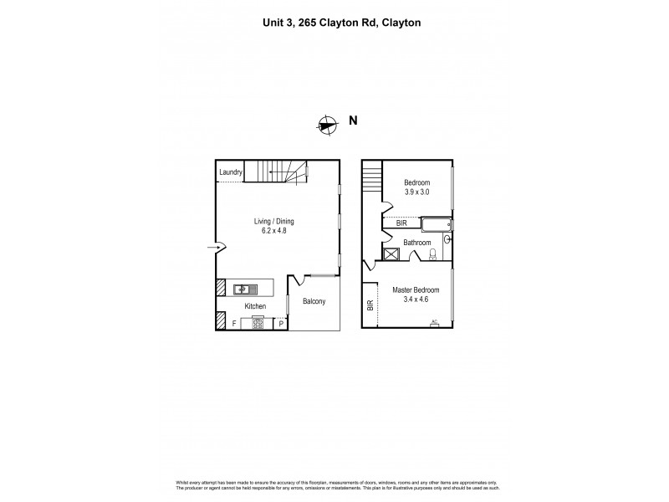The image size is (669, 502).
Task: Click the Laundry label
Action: pyautogui.click(x=231, y=173)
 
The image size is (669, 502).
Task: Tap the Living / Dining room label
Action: pyautogui.click(x=274, y=222)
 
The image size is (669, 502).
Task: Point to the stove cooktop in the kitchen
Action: pyautogui.click(x=258, y=322)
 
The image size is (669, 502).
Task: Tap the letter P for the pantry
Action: pyautogui.click(x=281, y=324)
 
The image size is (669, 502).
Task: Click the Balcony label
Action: pyautogui.click(x=314, y=301)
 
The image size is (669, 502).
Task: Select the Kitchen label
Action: pyautogui.click(x=255, y=307)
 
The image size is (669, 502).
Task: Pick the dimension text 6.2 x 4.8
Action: pyautogui.click(x=274, y=232)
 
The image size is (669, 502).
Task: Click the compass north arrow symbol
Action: pyautogui.click(x=327, y=125)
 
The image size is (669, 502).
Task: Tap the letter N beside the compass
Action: pyautogui.click(x=354, y=120)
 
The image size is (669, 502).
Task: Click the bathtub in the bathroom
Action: pyautogui.click(x=436, y=224)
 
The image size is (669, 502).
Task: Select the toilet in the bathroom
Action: pyautogui.click(x=432, y=254)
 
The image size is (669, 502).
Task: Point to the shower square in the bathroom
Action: pyautogui.click(x=390, y=254)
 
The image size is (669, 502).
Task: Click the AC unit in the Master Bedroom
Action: pyautogui.click(x=434, y=323)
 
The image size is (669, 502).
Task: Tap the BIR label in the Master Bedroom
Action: pyautogui.click(x=370, y=305)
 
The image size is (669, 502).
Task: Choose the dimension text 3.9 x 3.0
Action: pyautogui.click(x=416, y=192)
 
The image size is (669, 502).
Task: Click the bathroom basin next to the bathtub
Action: pyautogui.click(x=447, y=239)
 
